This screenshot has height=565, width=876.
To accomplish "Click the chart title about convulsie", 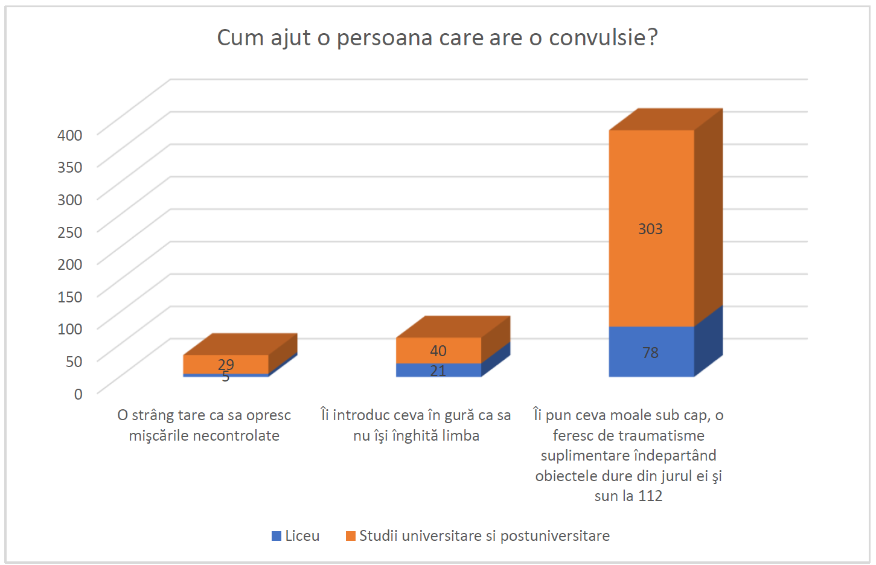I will [437, 37].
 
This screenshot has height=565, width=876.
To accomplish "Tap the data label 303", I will [650, 229].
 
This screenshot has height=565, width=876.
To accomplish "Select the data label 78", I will [650, 353].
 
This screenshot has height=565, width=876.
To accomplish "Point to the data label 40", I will [438, 351].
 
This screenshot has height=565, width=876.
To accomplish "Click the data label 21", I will [438, 371].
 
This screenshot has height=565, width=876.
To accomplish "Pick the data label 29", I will [226, 364].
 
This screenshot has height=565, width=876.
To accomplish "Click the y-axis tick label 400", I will [69, 135].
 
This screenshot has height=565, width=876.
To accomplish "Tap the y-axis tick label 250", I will [69, 232].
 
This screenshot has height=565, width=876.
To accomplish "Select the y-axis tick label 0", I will [78, 394].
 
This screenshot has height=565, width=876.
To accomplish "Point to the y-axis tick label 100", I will [69, 329].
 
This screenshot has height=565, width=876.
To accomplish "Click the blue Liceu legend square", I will [277, 536].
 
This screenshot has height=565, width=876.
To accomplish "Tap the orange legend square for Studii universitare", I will [351, 536].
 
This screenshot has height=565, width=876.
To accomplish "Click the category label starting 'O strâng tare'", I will [204, 425].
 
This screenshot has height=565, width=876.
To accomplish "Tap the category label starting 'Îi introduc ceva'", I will [416, 425].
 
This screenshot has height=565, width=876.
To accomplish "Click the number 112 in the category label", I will [650, 496].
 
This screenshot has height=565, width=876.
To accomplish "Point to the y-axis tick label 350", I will [69, 167].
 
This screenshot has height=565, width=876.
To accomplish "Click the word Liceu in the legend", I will [302, 536].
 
